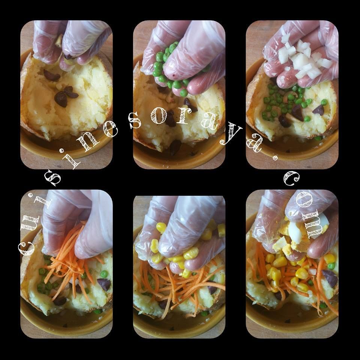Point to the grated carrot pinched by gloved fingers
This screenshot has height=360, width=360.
(69, 259)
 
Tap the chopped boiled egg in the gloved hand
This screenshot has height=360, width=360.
(296, 237)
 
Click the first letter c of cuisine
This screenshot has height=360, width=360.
(26, 248)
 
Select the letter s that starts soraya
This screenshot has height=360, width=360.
(135, 120)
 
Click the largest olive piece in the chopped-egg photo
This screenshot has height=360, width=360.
(330, 278)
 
